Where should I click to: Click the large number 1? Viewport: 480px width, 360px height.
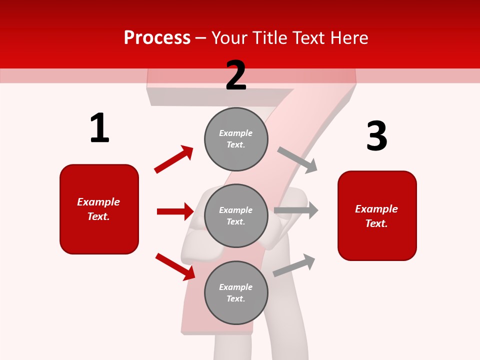[x=99, y=128]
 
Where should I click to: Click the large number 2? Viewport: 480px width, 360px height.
[x=236, y=75]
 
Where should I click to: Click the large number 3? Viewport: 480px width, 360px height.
[x=377, y=136]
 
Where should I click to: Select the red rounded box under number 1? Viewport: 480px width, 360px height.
[x=99, y=209]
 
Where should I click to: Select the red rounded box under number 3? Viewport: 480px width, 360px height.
[x=377, y=215]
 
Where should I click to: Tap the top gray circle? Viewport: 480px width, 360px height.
[x=236, y=138]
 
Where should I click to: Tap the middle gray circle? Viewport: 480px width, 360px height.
[x=236, y=215]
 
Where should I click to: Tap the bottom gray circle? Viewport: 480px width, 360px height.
[x=236, y=292]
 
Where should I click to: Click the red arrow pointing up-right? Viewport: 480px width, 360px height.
[x=173, y=159]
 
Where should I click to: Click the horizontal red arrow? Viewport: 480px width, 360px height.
[x=175, y=211]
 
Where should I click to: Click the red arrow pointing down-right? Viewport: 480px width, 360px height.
[x=175, y=266]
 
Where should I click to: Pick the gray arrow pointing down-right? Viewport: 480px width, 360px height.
[x=297, y=160]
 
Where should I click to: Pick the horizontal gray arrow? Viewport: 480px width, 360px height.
[x=296, y=210]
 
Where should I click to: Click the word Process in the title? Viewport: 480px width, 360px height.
[x=157, y=37]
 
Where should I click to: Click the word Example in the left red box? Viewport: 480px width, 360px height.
[x=98, y=202]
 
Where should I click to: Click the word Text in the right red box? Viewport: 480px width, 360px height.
[x=376, y=223]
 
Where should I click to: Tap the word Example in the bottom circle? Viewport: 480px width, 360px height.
[x=235, y=287]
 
